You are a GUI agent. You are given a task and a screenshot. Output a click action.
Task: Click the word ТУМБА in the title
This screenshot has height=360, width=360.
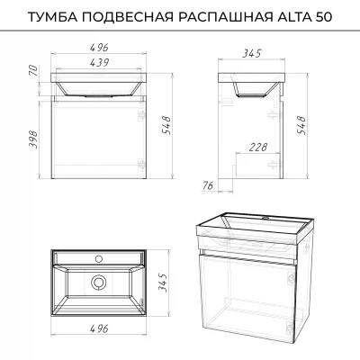coord(52,17)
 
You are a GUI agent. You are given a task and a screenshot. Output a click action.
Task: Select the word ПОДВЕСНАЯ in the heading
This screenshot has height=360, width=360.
coord(128,17)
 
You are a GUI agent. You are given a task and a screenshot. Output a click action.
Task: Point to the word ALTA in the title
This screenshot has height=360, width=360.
coord(292,17)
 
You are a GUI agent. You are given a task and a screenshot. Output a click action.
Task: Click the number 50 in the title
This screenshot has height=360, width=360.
coord(323,17)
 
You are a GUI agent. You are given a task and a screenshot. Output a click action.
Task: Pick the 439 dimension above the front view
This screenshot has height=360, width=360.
coord(99,62)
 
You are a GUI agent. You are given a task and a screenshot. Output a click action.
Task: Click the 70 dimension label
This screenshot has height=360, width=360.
coord(34,71)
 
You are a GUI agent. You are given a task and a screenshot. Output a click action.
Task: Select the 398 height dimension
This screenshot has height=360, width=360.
coord(33,140)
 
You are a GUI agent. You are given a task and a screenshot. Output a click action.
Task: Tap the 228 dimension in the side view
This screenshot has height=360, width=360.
coord(257,147)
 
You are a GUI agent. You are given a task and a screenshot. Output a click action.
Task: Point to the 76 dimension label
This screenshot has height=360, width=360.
coord(207,186)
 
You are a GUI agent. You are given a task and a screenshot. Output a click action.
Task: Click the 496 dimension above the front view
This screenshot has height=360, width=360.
coord(99,47)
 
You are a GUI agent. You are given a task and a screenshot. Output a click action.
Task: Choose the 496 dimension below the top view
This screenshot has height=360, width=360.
coord(99,328)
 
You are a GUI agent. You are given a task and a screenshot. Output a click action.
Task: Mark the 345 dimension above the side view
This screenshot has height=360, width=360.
coord(252,53)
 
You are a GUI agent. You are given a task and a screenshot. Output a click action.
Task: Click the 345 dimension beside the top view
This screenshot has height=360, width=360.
coord(162,283)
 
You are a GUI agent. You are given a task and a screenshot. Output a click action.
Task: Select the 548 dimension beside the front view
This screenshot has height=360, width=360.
coord(166,126)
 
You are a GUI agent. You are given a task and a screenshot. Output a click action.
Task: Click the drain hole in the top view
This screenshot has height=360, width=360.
coord(98,283)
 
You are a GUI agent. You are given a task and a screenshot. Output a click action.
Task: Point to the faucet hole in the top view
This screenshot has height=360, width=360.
coord(98,258)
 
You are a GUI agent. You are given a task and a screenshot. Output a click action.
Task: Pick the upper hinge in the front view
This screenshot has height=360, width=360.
coord(141,115)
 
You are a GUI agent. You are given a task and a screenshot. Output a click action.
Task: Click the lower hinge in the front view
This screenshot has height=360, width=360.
coord(141,165)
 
